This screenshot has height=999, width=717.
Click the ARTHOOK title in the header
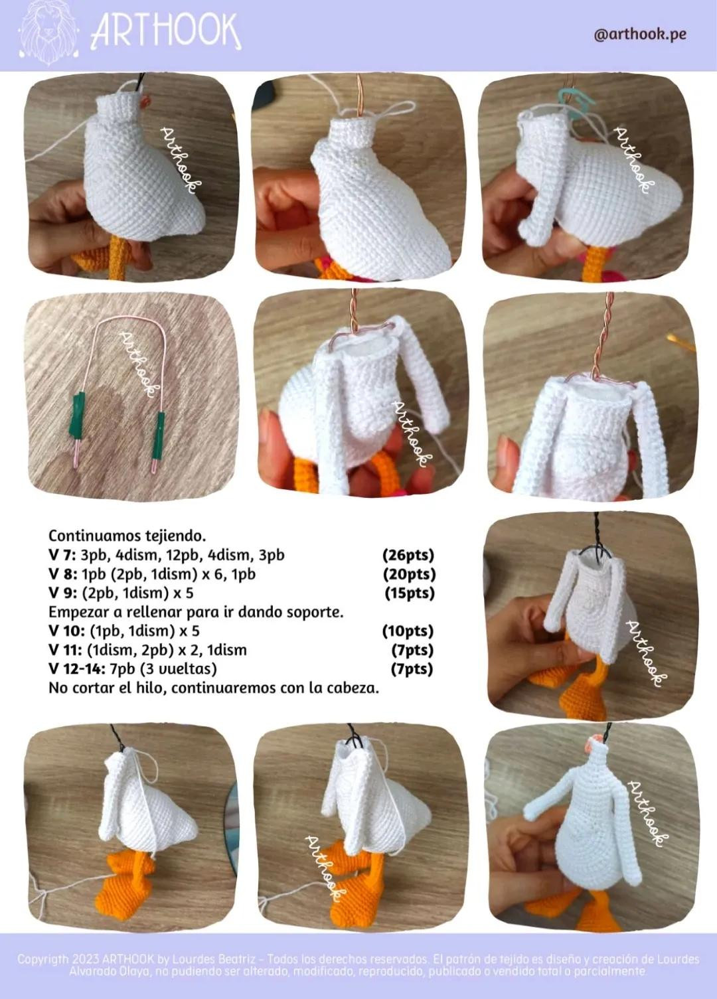tap(166, 32)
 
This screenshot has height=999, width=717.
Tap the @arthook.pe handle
tap(640, 34)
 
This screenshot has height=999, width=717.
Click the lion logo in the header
tap(48, 33)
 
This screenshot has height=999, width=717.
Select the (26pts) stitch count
tap(408, 555)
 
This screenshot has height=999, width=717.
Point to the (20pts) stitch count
tap(409, 574)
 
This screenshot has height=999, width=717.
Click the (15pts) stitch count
tap(410, 593)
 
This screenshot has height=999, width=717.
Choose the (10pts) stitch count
tap(408, 631)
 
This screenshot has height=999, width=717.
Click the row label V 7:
tap(62, 555)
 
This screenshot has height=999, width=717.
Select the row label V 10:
tap(66, 631)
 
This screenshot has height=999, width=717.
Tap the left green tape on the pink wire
tap(79, 407)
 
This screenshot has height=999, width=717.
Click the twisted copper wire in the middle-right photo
tap(608, 339)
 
